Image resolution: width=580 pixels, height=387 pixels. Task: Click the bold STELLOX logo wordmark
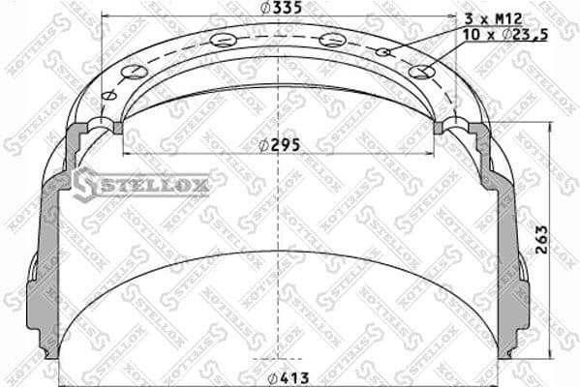pos(154,184)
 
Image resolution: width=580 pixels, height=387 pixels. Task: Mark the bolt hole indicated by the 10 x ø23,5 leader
pos(419,72)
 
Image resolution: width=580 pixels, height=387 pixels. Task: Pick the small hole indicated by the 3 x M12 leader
pos(383,51)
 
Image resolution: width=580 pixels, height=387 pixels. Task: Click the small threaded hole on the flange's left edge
pos(109,95)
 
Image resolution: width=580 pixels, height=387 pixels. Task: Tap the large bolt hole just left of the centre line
pos(223,40)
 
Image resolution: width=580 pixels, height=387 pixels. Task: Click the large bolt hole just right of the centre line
pos(332,40)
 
